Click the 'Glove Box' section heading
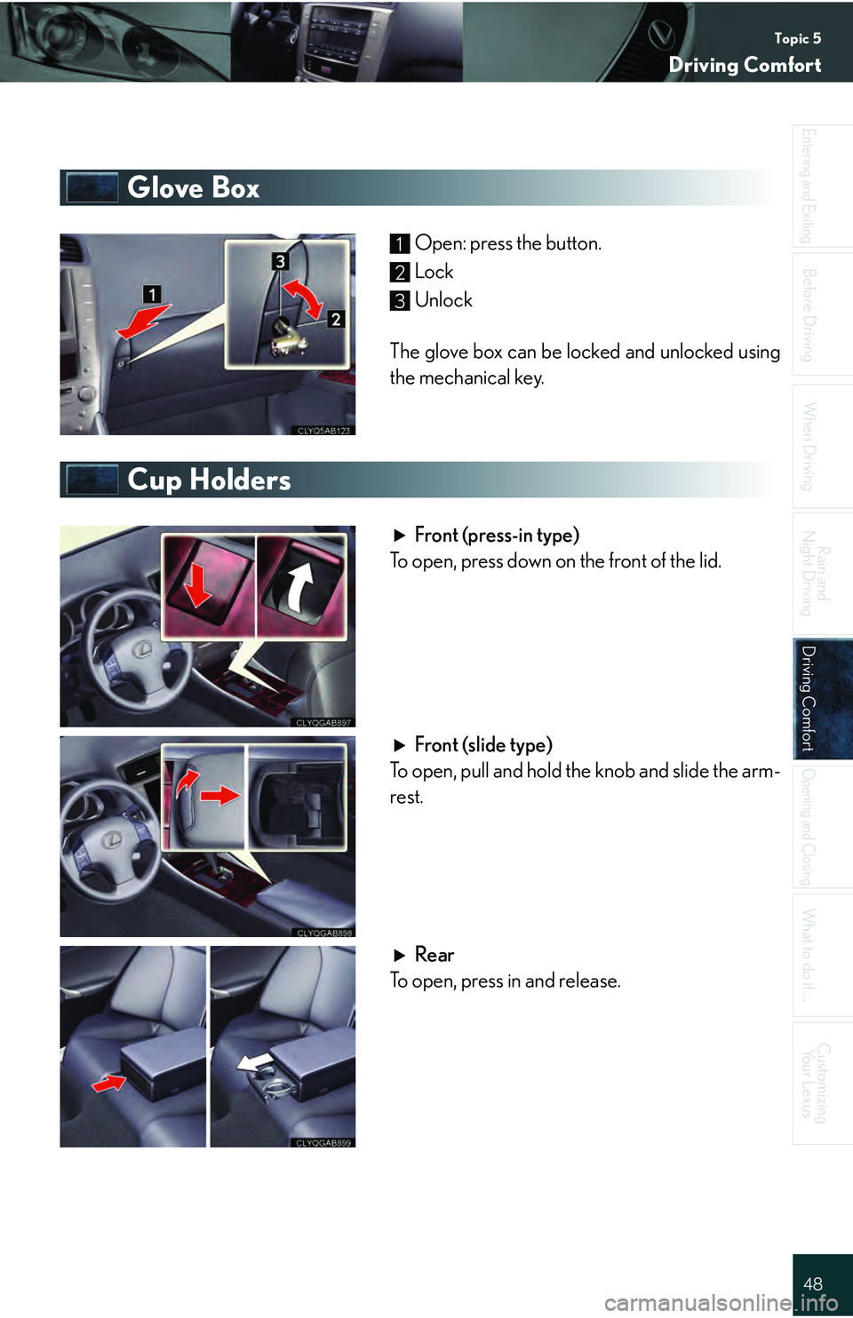[x=193, y=187]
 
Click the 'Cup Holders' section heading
[x=209, y=480]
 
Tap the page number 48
[x=813, y=1283]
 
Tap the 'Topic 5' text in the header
[x=798, y=39]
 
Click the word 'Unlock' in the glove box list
[x=443, y=300]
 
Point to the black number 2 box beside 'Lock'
[x=399, y=273]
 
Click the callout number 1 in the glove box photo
[x=152, y=294]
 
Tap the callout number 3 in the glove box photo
[x=280, y=261]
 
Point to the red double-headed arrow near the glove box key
[x=302, y=298]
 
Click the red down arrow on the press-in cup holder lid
[x=198, y=586]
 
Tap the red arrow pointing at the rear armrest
[x=109, y=1083]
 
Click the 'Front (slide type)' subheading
[x=483, y=745]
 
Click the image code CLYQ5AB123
[x=323, y=431]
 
